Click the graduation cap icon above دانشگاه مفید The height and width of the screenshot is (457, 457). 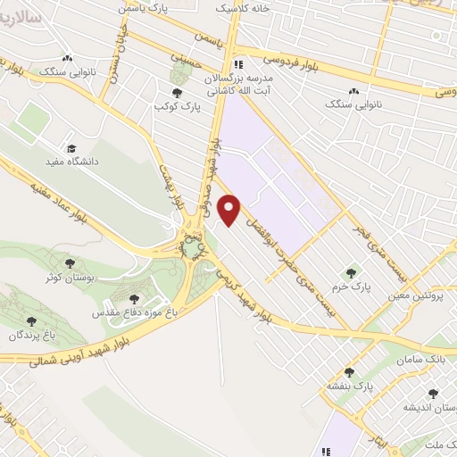71,148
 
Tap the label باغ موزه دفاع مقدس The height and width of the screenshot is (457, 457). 135,314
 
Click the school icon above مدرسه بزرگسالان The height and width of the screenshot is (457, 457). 238,64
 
